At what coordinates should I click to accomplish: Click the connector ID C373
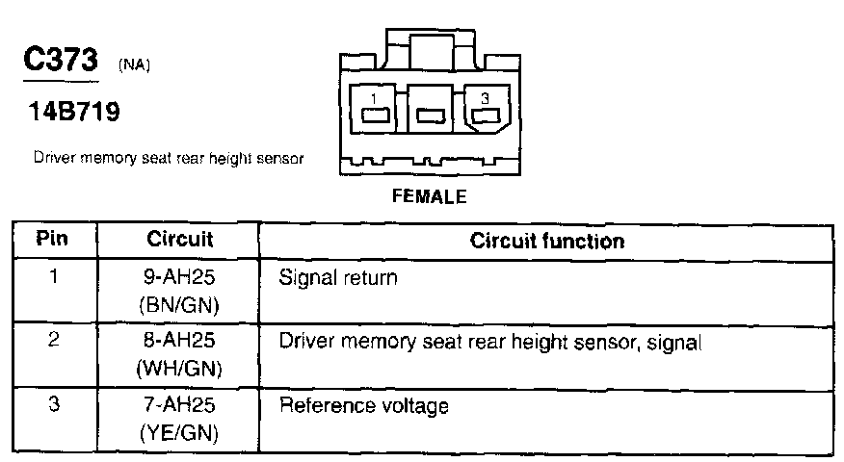(x=60, y=60)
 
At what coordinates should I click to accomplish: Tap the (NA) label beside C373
(x=135, y=65)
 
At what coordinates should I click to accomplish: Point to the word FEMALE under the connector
(x=430, y=196)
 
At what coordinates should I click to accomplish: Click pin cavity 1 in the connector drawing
(x=375, y=115)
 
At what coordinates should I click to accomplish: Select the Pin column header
(x=53, y=239)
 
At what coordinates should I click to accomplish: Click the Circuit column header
(x=179, y=239)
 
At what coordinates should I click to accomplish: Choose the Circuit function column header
(x=546, y=240)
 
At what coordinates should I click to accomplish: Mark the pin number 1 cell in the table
(x=54, y=278)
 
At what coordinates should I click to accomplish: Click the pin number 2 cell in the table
(x=54, y=341)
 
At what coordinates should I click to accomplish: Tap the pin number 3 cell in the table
(x=54, y=404)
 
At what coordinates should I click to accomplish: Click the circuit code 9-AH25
(x=179, y=278)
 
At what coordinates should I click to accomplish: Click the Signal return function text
(x=337, y=278)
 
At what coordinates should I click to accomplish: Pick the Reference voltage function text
(x=363, y=405)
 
